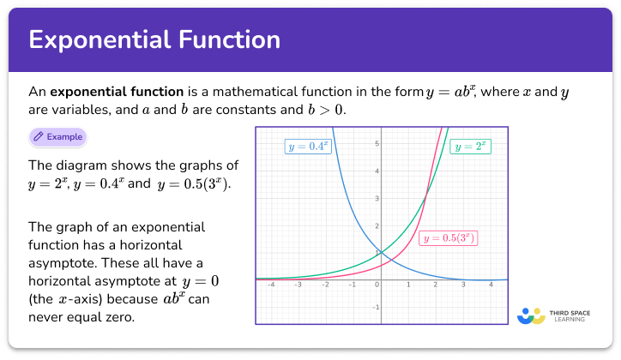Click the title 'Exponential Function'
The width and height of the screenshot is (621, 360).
(154, 40)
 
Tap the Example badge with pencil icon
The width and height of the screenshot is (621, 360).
(57, 136)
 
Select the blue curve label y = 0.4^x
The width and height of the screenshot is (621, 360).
(307, 147)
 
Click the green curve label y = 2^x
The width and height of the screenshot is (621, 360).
(470, 147)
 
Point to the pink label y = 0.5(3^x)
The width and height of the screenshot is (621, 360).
(448, 237)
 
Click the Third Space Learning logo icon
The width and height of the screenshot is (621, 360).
(532, 315)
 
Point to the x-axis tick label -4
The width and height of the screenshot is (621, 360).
(271, 285)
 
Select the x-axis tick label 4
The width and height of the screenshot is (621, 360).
(491, 285)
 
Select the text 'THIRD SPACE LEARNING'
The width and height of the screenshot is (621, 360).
(572, 315)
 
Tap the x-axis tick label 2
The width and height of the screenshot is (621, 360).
(436, 285)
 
